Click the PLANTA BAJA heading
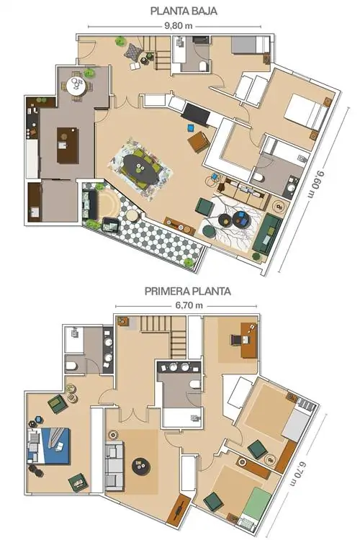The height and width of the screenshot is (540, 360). point(184,11)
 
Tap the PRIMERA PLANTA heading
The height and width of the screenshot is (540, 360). point(187,292)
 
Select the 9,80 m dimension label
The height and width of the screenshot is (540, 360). point(178,26)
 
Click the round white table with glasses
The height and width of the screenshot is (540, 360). point(77,86)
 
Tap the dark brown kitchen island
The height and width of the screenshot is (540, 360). point(68,145)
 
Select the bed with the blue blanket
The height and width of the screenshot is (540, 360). point(49,446)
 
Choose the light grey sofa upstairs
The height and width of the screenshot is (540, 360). point(114,466)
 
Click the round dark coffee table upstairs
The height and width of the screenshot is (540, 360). point(141,467)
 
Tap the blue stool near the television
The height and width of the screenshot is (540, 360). point(191,127)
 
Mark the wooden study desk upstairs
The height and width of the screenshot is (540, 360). point(248,341)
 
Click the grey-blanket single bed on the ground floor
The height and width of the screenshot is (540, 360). point(250,45)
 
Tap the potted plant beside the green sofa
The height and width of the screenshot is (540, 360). point(256,256)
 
